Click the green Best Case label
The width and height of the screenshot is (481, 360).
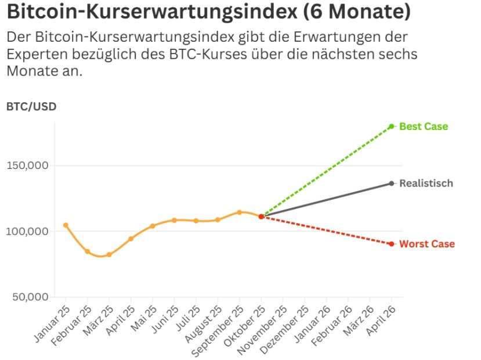[x=424, y=127]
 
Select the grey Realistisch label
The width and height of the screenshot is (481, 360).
[x=426, y=183]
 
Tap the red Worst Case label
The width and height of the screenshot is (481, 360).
[x=426, y=244]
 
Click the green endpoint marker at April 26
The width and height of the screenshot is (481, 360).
[x=392, y=127]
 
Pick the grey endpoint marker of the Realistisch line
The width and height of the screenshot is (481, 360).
[x=392, y=183]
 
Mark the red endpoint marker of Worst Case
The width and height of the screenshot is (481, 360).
[x=392, y=244]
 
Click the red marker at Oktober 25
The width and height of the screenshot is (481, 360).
[x=261, y=217]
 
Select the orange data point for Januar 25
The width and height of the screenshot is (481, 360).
[x=66, y=225]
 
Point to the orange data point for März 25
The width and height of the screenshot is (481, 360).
[x=109, y=255]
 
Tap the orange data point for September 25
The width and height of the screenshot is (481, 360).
[x=239, y=213]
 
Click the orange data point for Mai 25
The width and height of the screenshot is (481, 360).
[x=153, y=226]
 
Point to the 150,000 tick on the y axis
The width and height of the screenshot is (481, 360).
[x=27, y=165]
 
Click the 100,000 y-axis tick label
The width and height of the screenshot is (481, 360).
[x=27, y=231]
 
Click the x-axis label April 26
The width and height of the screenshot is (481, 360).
[x=382, y=321]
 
